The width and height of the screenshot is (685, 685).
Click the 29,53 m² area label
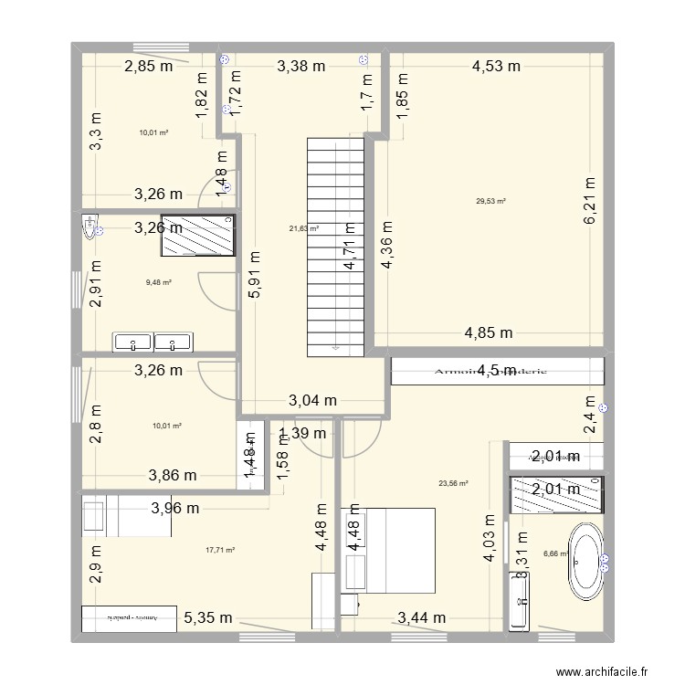[490, 202]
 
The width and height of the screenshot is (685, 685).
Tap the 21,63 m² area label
[304, 229]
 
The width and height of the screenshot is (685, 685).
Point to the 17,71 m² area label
[220, 550]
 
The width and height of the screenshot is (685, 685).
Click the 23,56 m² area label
[453, 484]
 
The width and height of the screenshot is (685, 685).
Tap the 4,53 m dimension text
[496, 65]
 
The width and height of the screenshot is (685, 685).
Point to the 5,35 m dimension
[206, 618]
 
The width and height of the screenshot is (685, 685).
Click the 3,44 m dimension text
[422, 618]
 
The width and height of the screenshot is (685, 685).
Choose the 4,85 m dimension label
[489, 332]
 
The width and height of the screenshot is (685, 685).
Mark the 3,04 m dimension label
[313, 400]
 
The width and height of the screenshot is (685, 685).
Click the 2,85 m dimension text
[149, 65]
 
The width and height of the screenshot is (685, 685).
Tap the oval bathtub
[585, 555]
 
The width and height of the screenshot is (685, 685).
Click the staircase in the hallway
[334, 247]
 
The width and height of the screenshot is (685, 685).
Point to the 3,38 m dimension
[300, 65]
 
